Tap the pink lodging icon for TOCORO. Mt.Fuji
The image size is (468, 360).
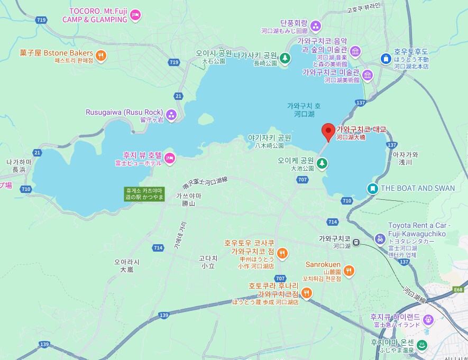(x=135, y=15)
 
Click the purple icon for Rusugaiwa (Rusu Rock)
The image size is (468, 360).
(x=171, y=113)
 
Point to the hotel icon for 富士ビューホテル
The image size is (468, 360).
(x=169, y=157)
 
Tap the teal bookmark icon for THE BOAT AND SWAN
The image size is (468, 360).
(x=373, y=188)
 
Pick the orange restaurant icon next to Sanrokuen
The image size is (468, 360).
(x=348, y=271)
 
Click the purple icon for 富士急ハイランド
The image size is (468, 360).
(x=429, y=319)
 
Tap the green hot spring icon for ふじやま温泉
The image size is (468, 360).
(x=423, y=346)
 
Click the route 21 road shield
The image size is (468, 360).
(x=178, y=96)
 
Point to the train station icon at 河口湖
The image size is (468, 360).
(x=357, y=242)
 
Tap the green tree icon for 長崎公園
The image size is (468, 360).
(x=285, y=58)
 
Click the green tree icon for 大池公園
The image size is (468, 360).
(x=322, y=163)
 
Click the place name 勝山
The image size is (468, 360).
(x=188, y=203)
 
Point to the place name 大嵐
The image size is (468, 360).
(x=126, y=269)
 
